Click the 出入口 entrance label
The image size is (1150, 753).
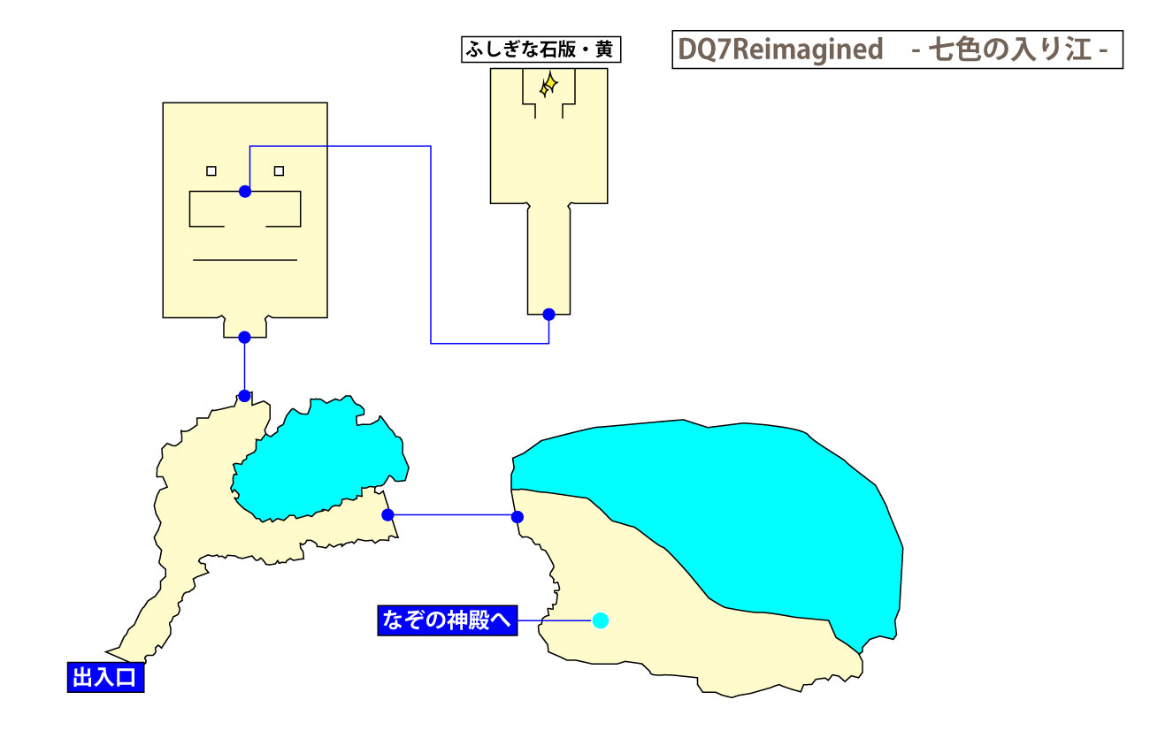pos(105,678)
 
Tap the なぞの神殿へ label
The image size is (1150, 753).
pos(447,620)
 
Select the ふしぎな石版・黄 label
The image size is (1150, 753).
pos(540,49)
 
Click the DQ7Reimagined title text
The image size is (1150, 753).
pos(780,50)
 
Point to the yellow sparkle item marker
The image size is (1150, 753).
pos(548,84)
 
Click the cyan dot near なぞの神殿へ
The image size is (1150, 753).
pos(601,620)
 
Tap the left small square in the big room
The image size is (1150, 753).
pos(211,171)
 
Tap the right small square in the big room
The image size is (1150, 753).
pos(279,171)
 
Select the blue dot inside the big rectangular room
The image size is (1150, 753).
pos(245,191)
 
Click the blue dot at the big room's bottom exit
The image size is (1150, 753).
pos(245,337)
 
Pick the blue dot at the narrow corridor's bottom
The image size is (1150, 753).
pos(548,314)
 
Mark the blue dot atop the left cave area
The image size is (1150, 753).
pos(245,395)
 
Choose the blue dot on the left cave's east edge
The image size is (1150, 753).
pos(387,514)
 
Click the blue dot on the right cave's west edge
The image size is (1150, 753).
pos(518,517)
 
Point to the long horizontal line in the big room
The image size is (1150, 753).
pos(245,260)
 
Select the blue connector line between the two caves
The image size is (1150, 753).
pos(453,514)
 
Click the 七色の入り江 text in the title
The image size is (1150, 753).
pos(1008,50)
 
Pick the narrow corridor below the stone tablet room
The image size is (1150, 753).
pos(548,256)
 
